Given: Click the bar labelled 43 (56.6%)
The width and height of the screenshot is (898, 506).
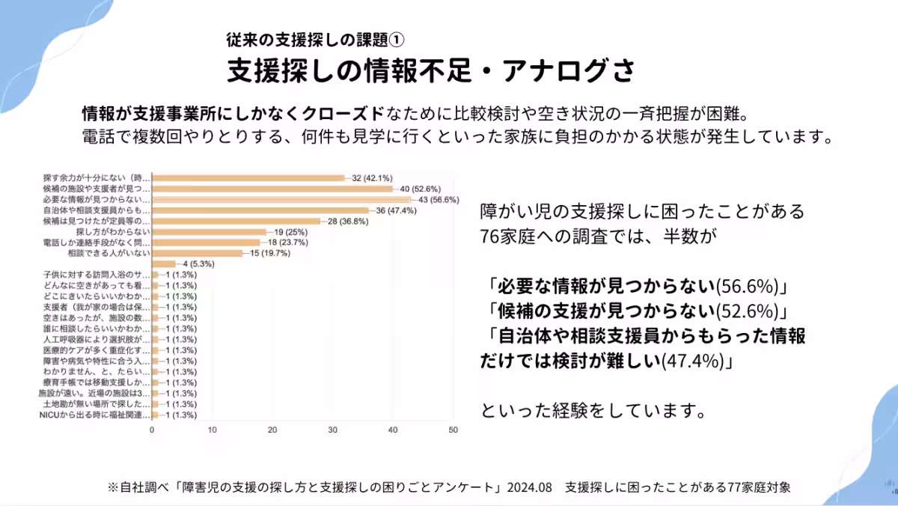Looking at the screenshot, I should coord(281,200).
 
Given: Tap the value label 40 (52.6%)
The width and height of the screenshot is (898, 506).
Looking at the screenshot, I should coord(420,189).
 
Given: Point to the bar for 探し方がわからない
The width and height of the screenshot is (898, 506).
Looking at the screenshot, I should coord(209,232).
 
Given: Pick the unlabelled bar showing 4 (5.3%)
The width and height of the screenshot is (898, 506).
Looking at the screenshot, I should coord(164,263).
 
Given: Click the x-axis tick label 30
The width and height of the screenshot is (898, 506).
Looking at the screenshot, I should coord(332,430).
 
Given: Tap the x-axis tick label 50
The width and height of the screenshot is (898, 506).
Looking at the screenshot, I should coord(453,430).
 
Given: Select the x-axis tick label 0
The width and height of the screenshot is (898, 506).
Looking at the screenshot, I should coord(152,430).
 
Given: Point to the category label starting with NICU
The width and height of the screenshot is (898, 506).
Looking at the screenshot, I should coord(94,415).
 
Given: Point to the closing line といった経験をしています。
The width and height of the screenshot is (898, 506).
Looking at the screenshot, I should coord(591,411).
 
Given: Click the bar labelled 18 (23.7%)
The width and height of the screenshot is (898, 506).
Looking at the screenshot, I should coord(206,243).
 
